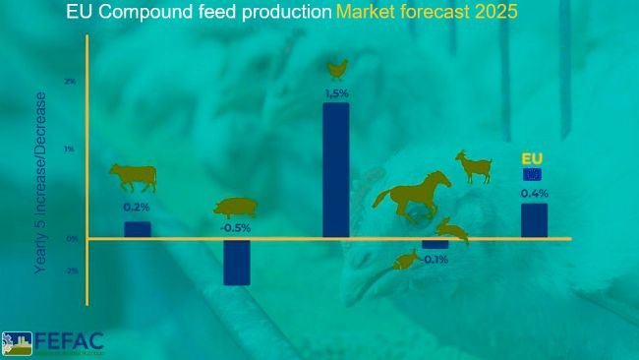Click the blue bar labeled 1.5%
[x=335, y=169]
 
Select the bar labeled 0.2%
[x=137, y=229]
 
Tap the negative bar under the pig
[x=236, y=262]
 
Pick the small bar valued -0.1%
[x=435, y=243]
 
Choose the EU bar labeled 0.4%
[x=534, y=220]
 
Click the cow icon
[x=133, y=178]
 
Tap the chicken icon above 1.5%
[x=337, y=69]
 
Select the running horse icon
[x=412, y=193]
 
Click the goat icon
[x=474, y=166]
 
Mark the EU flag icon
[x=532, y=174]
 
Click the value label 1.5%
[x=336, y=93]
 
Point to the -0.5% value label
[x=235, y=227]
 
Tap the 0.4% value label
[x=534, y=193]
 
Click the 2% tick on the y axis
[x=70, y=82]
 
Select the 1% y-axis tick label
[x=70, y=150]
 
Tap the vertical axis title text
[x=40, y=181]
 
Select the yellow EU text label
[x=532, y=158]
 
